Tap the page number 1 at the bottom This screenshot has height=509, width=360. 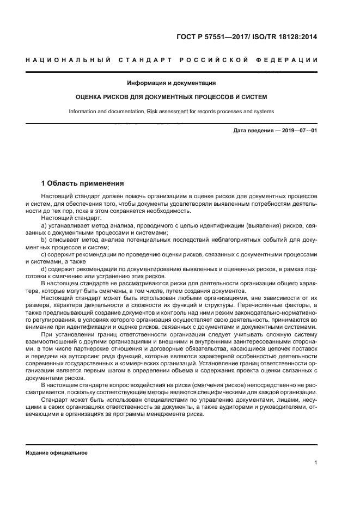point(316,463)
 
